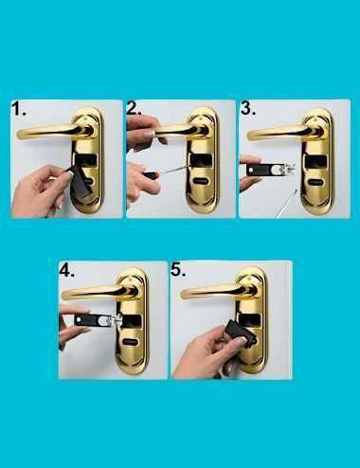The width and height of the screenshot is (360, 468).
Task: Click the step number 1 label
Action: [x=18, y=108]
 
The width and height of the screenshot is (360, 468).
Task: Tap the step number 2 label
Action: [x=135, y=108]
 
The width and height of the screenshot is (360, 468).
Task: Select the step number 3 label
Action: [x=248, y=108]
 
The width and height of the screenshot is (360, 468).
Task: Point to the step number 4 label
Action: [x=66, y=270]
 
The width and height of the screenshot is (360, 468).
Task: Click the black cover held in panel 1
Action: [x=81, y=183]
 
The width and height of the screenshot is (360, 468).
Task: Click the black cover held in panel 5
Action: [x=240, y=333]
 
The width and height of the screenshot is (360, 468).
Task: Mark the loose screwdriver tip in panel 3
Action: [x=286, y=204]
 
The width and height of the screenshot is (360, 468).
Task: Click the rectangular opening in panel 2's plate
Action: [x=200, y=160]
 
